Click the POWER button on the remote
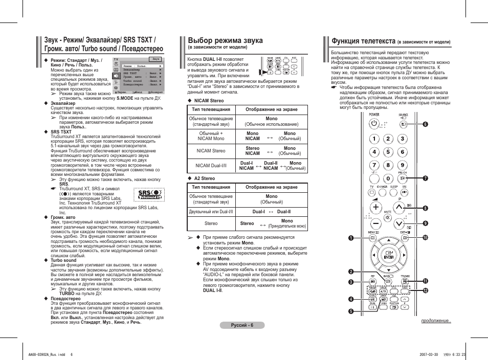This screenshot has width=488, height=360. coord(374,123)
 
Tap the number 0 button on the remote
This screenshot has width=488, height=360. coord(389,178)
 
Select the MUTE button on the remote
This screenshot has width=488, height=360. coord(388,217)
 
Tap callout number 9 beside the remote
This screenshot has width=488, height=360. coord(425,223)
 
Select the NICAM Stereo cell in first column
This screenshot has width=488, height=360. coord(211,151)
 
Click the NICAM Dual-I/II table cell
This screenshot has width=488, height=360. coord(211,165)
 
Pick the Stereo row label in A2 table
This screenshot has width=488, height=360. coord(211,223)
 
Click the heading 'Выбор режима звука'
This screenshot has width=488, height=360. coord(225,40)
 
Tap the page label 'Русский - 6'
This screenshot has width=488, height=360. coord(242,325)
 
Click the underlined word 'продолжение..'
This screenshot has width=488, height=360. coord(436,321)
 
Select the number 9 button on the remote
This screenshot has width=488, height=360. coord(403,165)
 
